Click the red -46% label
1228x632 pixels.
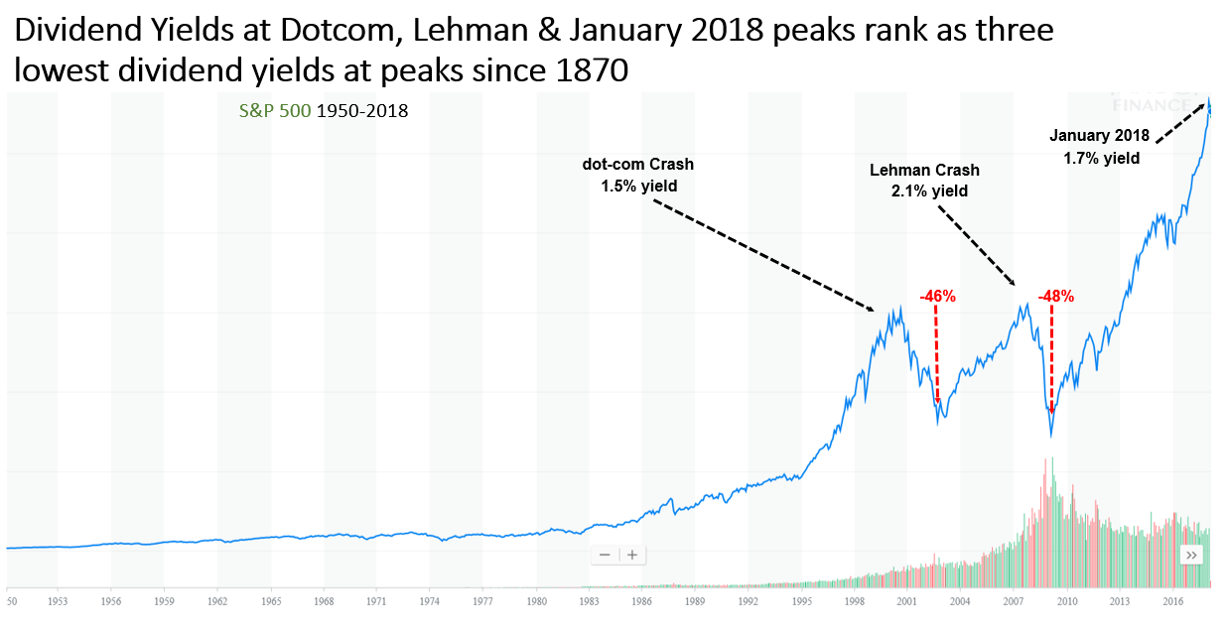(x=937, y=296)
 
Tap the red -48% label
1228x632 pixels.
(x=1055, y=296)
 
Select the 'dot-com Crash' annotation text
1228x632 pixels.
(x=637, y=164)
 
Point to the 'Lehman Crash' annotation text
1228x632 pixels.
(x=924, y=171)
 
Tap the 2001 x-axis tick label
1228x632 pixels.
(x=905, y=601)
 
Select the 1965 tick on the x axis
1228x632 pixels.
(x=271, y=601)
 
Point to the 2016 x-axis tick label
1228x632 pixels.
(x=1171, y=601)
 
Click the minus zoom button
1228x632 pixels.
(x=604, y=555)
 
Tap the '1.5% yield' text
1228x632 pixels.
(x=637, y=185)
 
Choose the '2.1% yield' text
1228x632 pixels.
(x=929, y=191)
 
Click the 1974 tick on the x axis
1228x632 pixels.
(x=431, y=601)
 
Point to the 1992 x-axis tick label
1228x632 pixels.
(x=747, y=601)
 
